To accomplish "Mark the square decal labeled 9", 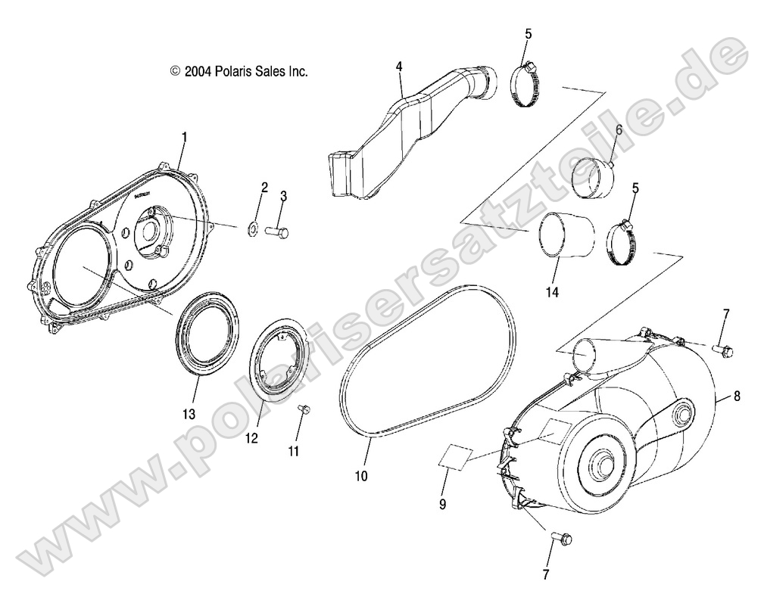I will [x=454, y=458].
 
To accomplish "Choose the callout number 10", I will [x=361, y=476].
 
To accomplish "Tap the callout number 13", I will [x=188, y=414].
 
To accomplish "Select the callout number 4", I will [x=398, y=67].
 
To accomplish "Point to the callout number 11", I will [x=293, y=451].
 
